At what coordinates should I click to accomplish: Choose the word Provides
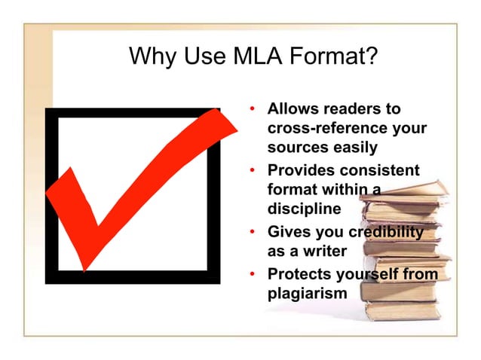301,170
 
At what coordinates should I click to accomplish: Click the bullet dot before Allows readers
254,110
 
